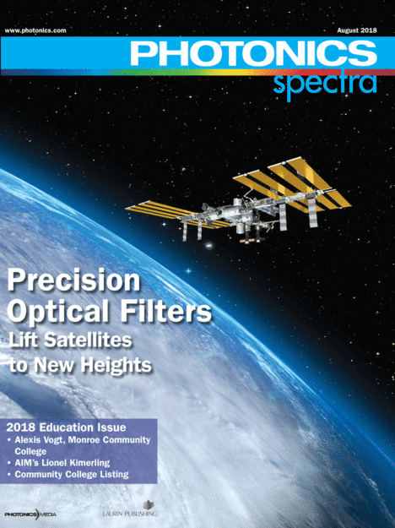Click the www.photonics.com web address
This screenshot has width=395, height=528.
35,30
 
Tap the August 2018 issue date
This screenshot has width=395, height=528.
357,30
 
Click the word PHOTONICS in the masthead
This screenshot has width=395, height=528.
253,53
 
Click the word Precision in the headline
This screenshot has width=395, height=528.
73,280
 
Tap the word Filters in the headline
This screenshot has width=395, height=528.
166,311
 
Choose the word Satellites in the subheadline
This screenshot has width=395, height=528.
88,340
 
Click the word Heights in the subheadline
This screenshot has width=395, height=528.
116,365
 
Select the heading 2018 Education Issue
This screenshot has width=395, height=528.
66,427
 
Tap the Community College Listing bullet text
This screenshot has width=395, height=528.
72,475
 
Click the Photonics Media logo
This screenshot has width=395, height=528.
30,514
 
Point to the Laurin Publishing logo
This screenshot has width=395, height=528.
130,509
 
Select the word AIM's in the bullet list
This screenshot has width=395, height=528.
26,463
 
